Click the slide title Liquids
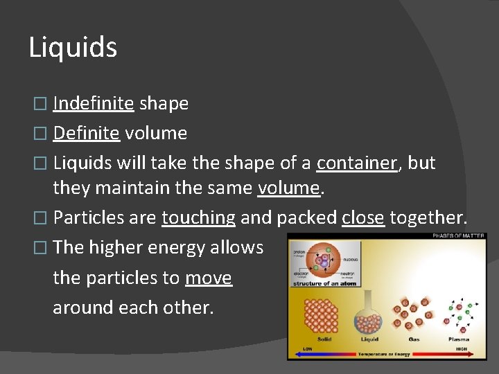(x=73, y=48)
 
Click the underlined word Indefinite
(x=93, y=104)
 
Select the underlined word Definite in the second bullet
(x=86, y=133)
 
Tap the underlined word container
(x=356, y=163)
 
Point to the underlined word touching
(x=198, y=217)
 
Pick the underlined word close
(x=362, y=217)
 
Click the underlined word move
(x=209, y=278)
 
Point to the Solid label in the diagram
(x=323, y=339)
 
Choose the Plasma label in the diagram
(x=458, y=339)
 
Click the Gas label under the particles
(x=414, y=339)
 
